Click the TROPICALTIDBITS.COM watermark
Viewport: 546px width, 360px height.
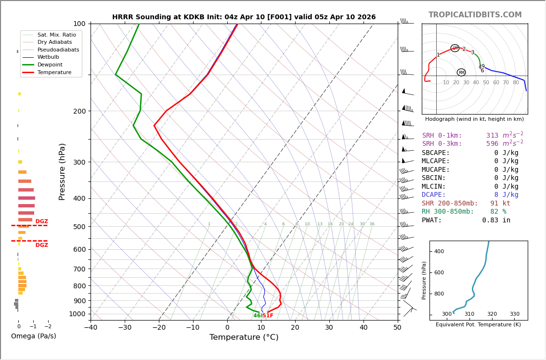pyautogui.click(x=475, y=15)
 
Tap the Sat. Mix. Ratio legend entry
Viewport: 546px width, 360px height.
pyautogui.click(x=56, y=35)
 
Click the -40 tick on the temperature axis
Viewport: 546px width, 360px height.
pyautogui.click(x=91, y=328)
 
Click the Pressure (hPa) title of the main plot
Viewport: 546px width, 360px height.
pyautogui.click(x=62, y=171)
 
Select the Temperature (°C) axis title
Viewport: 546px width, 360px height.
pyautogui.click(x=244, y=337)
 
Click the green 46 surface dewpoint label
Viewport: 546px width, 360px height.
pyautogui.click(x=257, y=316)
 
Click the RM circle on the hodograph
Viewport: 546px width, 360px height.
pyautogui.click(x=461, y=73)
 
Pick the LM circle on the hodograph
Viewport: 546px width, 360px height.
pyautogui.click(x=455, y=48)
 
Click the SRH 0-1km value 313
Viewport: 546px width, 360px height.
pyautogui.click(x=492, y=136)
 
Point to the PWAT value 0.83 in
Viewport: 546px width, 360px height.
pyautogui.click(x=496, y=220)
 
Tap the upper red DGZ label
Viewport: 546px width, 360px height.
pyautogui.click(x=42, y=221)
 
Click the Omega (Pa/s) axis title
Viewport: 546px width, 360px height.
pyautogui.click(x=34, y=336)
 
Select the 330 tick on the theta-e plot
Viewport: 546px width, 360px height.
pyautogui.click(x=514, y=314)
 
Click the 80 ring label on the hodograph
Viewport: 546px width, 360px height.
pyautogui.click(x=516, y=83)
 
